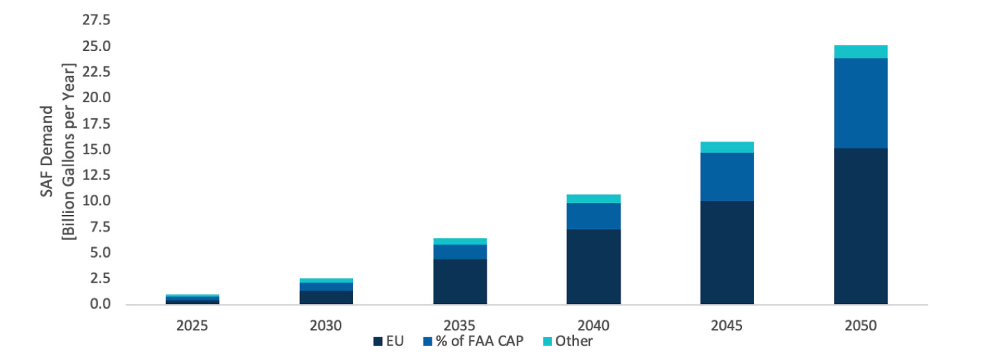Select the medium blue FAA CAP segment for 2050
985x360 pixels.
coord(860,103)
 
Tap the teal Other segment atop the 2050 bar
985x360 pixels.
coord(860,52)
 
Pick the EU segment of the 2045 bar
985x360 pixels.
coord(727,252)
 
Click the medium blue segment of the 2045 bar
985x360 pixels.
coord(727,176)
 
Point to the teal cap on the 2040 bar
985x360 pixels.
coord(593,199)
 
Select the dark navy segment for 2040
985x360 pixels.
coord(593,266)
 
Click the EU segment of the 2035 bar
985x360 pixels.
coord(460,281)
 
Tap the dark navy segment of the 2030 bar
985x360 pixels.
coord(326,297)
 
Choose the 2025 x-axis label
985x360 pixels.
coord(192,326)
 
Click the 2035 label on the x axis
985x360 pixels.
coord(460,326)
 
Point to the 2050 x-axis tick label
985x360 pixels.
coord(860,326)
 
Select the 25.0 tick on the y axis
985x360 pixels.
coord(97,46)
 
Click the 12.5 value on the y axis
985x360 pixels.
coord(97,175)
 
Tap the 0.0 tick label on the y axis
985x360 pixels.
coord(100,304)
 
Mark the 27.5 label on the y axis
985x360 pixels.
coord(97,20)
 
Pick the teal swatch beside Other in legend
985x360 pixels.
coord(547,341)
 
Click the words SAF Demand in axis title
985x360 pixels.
coord(46,151)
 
